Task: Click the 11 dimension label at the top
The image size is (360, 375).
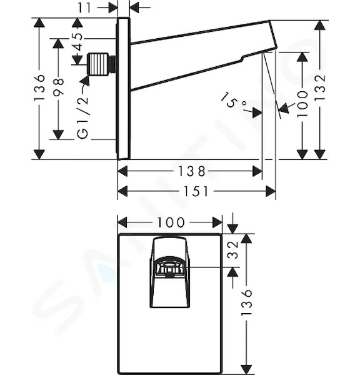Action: coord(84,8)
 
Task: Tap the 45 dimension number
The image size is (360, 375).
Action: coord(77,42)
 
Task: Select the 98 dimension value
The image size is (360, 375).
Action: coord(58,86)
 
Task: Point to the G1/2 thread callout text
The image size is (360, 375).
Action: coord(83,117)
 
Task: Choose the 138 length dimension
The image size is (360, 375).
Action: coord(192,171)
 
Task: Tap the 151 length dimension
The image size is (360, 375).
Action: coord(196,191)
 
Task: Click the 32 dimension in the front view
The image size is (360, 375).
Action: coord(232,250)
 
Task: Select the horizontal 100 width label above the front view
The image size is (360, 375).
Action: coord(171,222)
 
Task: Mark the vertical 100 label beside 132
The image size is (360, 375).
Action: coord(302,103)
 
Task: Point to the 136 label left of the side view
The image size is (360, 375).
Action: coord(39,87)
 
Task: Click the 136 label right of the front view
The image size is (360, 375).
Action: coord(247,302)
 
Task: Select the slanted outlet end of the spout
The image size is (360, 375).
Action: coord(273,36)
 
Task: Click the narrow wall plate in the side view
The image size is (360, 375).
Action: coord(123,88)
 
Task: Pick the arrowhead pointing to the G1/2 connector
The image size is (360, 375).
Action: coord(86,81)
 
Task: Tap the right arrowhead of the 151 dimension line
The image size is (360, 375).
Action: coord(271,191)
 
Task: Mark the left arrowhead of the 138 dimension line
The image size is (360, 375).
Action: coord(122,171)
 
